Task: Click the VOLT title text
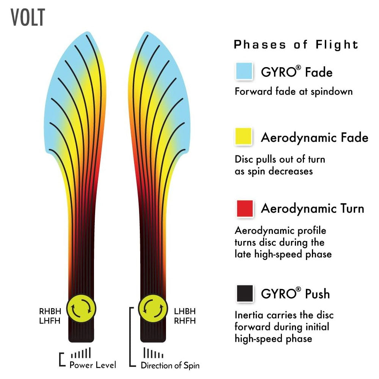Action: [x=28, y=17]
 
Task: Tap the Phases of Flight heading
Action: [x=296, y=45]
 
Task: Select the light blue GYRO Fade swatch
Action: [x=244, y=71]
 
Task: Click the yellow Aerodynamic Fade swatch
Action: [x=244, y=136]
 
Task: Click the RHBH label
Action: [x=49, y=312]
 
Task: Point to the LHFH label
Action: [x=49, y=321]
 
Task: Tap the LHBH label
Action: [x=185, y=312]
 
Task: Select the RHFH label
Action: [x=185, y=321]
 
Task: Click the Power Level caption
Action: [x=93, y=365]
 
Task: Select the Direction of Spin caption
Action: [x=170, y=365]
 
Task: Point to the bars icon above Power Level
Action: [x=81, y=353]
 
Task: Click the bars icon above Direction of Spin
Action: [x=153, y=353]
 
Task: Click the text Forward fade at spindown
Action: [x=294, y=91]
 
